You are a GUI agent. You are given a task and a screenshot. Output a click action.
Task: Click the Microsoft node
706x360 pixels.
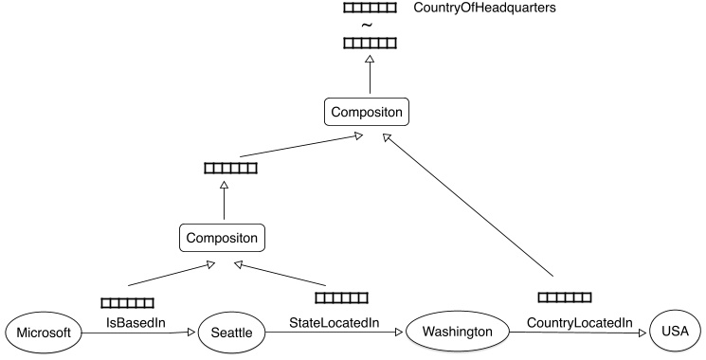[x=41, y=333]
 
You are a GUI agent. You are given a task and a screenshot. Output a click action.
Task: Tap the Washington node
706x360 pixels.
[x=458, y=332]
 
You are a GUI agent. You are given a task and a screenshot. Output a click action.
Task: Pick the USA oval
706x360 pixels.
[x=675, y=333]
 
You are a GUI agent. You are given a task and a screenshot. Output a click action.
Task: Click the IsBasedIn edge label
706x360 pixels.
[x=136, y=323]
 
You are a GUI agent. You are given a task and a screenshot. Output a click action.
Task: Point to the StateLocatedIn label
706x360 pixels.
[x=335, y=323]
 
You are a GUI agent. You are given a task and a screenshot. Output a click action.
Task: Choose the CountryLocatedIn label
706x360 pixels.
[x=579, y=323]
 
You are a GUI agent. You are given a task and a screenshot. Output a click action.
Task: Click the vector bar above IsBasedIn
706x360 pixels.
[x=127, y=302]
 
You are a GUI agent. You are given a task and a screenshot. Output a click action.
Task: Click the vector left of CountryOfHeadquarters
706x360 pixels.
[x=370, y=8]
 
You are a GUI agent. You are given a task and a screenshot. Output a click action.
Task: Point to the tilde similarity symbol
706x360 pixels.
[x=369, y=25]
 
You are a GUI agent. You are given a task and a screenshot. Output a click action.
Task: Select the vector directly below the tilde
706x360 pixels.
[x=370, y=43]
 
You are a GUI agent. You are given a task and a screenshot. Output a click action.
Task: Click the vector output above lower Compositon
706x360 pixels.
[x=230, y=169]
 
